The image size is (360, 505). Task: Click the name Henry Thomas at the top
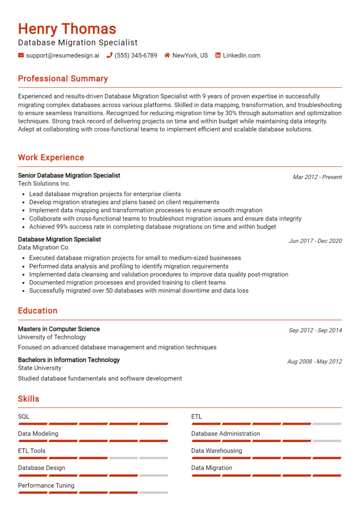coord(67,29)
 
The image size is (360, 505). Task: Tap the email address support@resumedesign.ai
coord(63,55)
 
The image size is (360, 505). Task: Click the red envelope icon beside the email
coord(21,55)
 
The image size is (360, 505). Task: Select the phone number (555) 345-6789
coord(136,55)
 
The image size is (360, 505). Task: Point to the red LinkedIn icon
coord(218,55)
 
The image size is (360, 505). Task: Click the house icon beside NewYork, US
coord(167,55)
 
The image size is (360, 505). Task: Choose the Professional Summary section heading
coord(63,79)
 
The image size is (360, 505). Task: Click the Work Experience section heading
coord(51,157)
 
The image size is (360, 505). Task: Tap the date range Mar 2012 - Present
coord(317,177)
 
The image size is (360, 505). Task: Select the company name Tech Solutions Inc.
coord(44,184)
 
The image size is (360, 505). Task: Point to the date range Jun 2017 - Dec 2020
coord(315,241)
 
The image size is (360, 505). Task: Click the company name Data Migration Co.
coord(44,247)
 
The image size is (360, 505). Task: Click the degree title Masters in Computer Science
coord(59,329)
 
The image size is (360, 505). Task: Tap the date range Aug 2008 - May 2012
coord(315,361)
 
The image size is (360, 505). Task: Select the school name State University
coord(40,368)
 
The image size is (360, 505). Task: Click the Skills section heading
coord(29,399)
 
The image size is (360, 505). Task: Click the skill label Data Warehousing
coord(217,451)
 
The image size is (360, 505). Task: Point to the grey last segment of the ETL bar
coord(327,424)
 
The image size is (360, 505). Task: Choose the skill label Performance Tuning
coord(46,485)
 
